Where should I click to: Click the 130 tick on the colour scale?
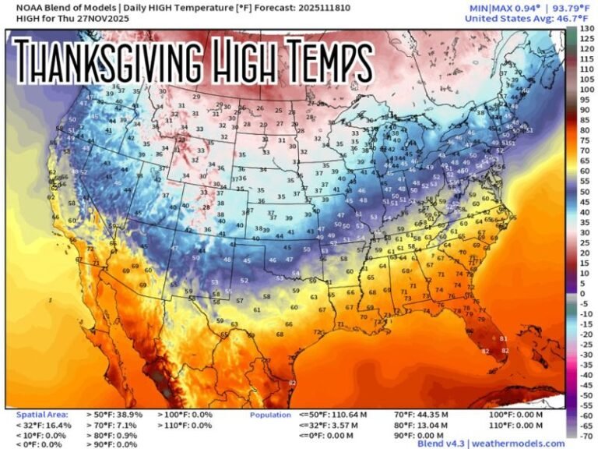coord(587,29)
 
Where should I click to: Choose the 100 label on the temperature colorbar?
coord(587,90)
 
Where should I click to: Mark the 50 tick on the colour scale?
coord(587,191)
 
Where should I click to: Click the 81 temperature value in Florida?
coord(504,339)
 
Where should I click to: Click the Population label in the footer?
coord(270,415)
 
